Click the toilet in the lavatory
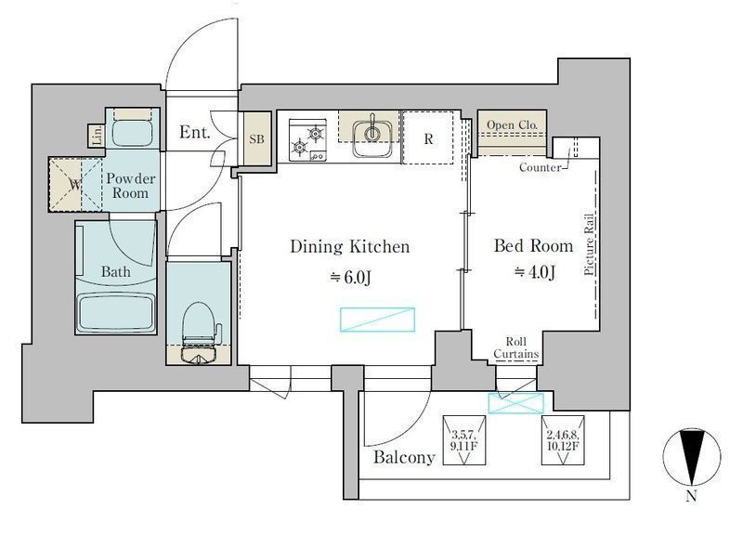point(200,333)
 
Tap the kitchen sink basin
point(372,138)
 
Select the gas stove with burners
point(308,140)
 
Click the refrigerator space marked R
point(428,138)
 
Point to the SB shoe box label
point(256,139)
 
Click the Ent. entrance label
point(194,132)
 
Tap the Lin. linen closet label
point(98,136)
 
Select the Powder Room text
point(130,186)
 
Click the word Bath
point(115,271)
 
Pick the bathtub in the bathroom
point(116,312)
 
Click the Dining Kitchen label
point(350,246)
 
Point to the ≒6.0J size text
point(350,277)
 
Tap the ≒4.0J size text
point(534,271)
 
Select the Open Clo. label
point(513,124)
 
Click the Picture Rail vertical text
point(589,244)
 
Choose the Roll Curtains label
point(516,347)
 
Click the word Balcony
point(404,457)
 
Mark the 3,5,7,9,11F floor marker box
point(464,440)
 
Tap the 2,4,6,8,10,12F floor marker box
point(563,440)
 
